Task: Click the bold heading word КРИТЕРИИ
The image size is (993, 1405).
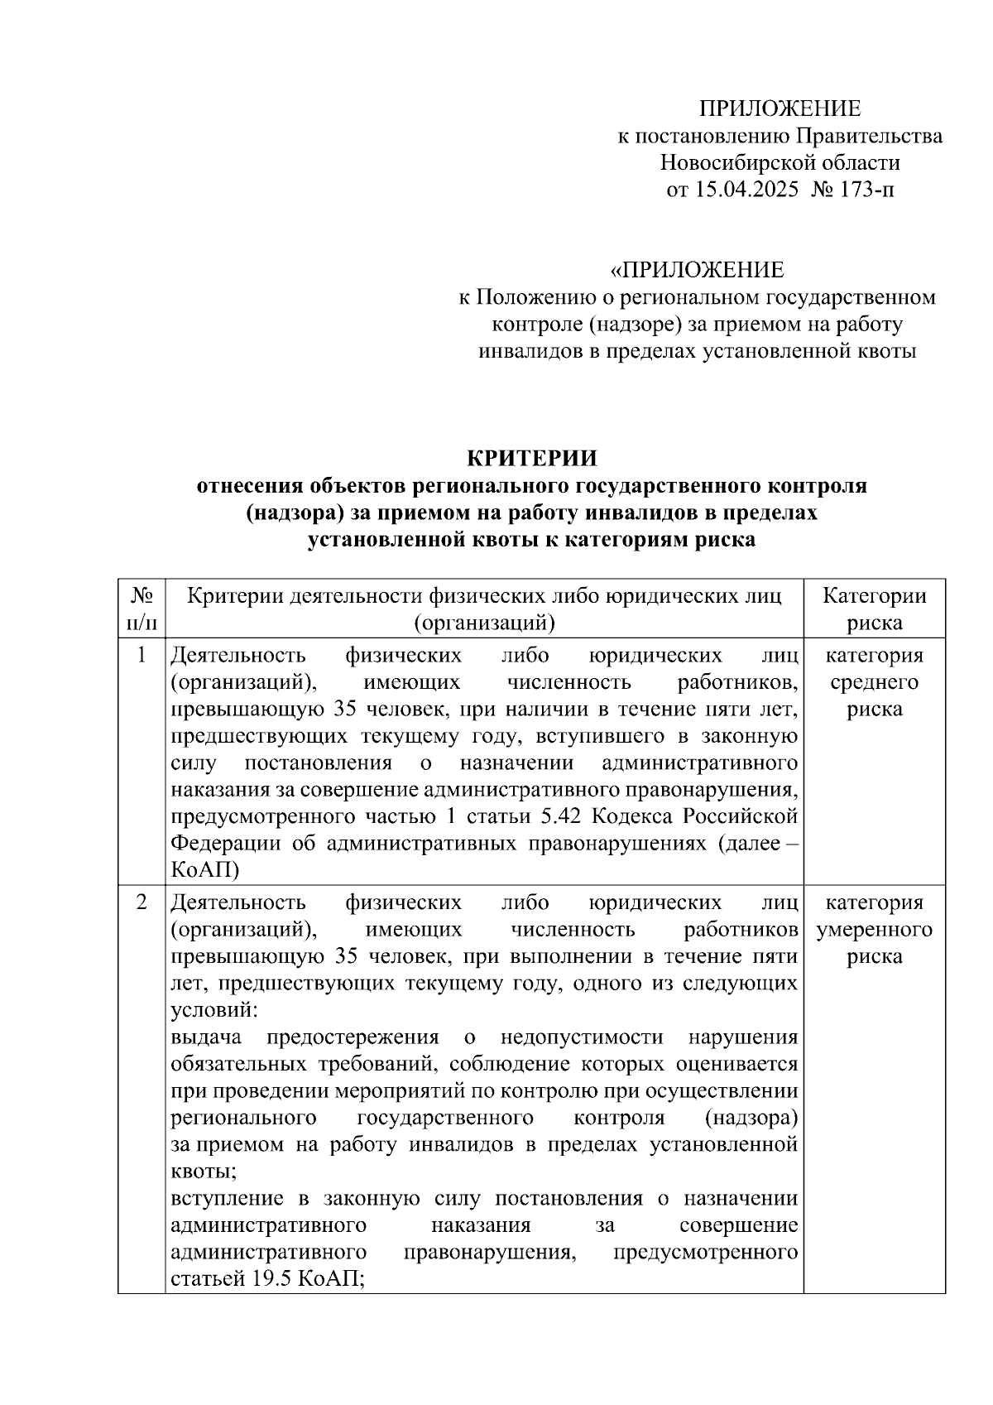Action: (x=531, y=459)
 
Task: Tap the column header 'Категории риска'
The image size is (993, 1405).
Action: (x=874, y=609)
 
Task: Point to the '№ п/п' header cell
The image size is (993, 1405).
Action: (x=142, y=609)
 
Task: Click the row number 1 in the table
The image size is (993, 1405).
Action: (x=142, y=656)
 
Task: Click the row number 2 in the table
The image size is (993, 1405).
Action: (x=142, y=902)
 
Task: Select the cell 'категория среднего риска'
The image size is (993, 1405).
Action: (x=874, y=682)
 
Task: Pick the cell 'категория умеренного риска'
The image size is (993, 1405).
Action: (x=874, y=929)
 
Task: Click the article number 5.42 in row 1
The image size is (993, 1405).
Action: (x=562, y=816)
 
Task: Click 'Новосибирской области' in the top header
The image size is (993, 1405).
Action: (x=780, y=162)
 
